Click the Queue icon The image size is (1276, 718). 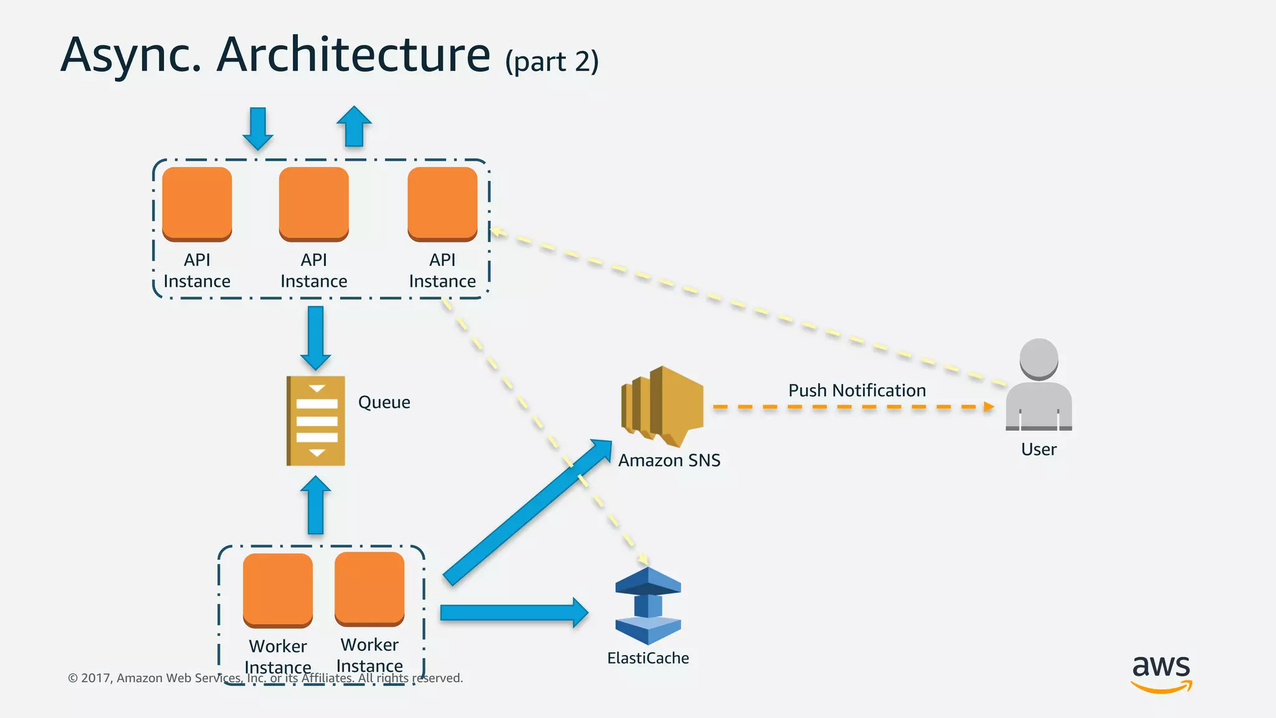[x=316, y=421]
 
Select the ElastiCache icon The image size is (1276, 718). [x=648, y=606]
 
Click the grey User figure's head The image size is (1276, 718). [x=1039, y=358]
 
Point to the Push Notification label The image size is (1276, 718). [x=857, y=391]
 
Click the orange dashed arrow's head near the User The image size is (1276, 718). [x=988, y=407]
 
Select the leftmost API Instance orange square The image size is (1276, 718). [x=197, y=204]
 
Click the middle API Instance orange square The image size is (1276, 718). [x=313, y=204]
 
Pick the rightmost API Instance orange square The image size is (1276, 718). [x=442, y=204]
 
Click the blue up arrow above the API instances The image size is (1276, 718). [x=354, y=126]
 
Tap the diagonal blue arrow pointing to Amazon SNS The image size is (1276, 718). [x=527, y=512]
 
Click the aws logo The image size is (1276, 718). [x=1161, y=673]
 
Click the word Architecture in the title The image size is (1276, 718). [x=353, y=55]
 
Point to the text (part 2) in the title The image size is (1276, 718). [x=551, y=62]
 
